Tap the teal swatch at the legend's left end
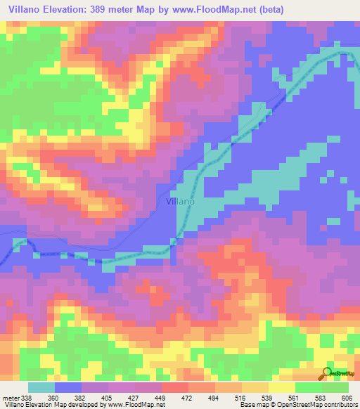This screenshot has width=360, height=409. (x=41, y=387)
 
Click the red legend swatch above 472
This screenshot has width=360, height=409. (x=175, y=387)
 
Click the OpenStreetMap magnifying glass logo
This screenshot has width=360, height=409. (x=327, y=373)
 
